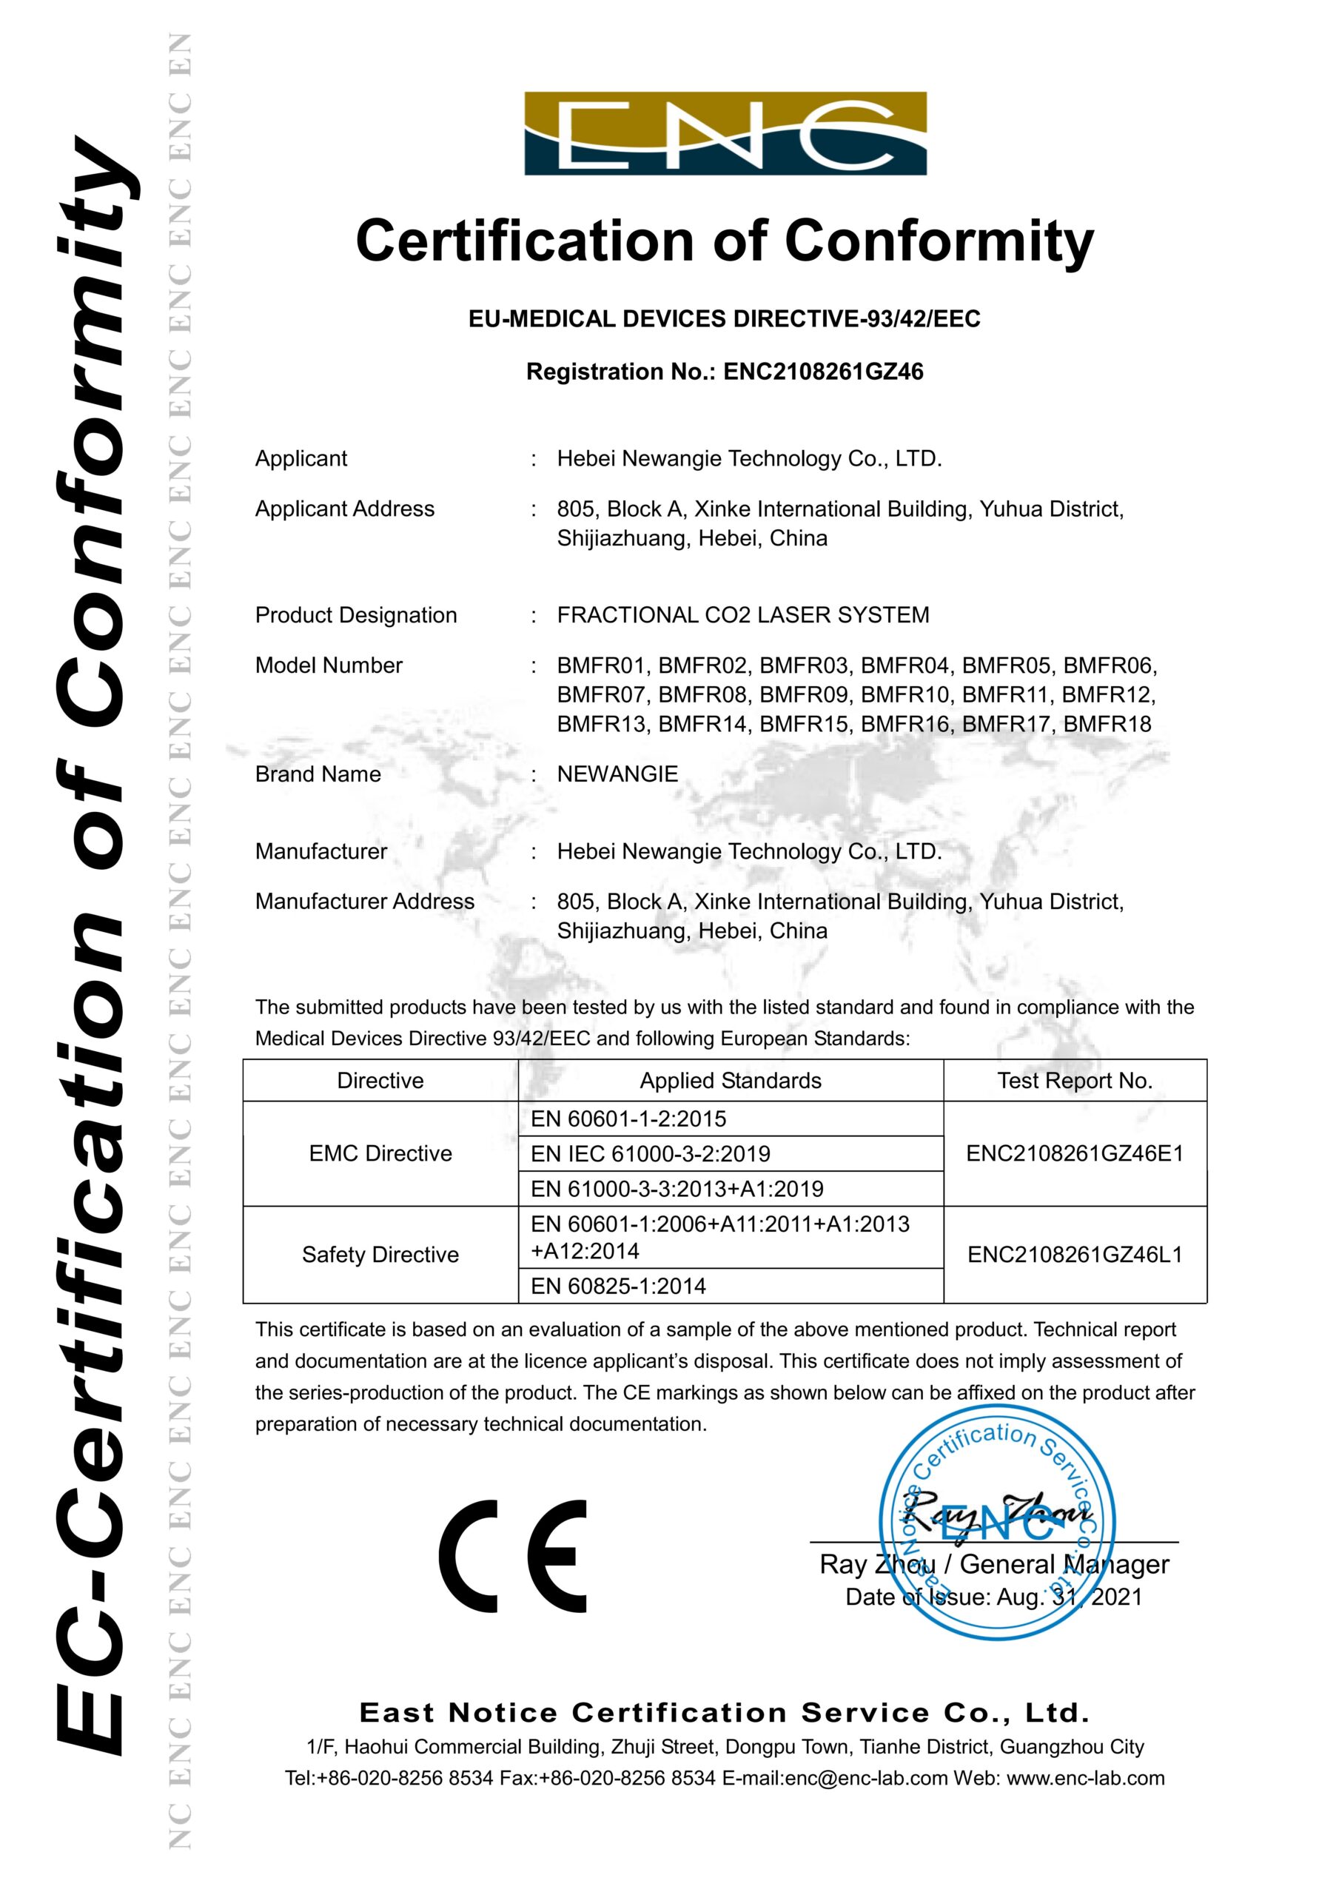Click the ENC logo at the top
(x=725, y=133)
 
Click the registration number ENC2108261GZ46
(x=823, y=372)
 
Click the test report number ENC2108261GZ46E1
(x=1074, y=1154)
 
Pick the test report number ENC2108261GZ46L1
(x=1074, y=1255)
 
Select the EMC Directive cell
(x=380, y=1154)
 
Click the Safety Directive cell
(x=380, y=1255)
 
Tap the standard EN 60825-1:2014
(x=618, y=1286)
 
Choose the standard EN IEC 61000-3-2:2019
(x=651, y=1154)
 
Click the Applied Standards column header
(x=731, y=1081)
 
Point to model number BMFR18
(x=1107, y=725)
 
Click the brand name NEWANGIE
(x=617, y=774)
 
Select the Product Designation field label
(x=356, y=615)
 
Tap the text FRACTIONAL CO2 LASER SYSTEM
(x=743, y=615)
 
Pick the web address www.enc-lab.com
(x=1086, y=1779)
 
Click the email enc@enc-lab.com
(x=866, y=1779)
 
